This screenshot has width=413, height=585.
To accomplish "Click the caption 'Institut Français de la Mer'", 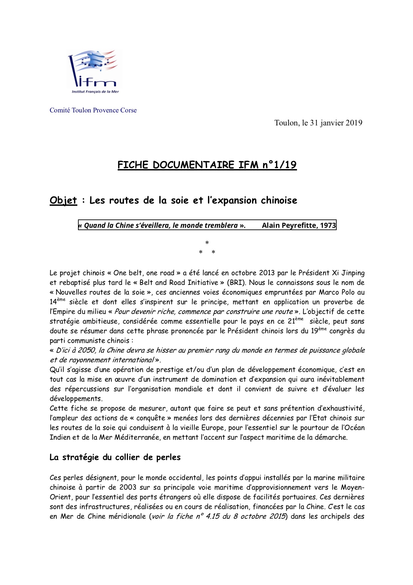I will tap(95, 91).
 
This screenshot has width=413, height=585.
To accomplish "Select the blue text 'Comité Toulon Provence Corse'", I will tap(93, 110).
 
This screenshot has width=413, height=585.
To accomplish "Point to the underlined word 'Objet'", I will tap(63, 200).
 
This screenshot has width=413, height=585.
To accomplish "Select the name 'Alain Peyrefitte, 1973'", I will tap(299, 225).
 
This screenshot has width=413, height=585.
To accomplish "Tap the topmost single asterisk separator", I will tap(207, 243).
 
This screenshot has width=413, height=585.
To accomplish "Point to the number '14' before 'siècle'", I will tap(53, 302).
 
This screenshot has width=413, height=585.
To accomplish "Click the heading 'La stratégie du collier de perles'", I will tap(115, 457).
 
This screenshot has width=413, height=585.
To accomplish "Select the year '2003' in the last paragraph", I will tap(128, 487).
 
